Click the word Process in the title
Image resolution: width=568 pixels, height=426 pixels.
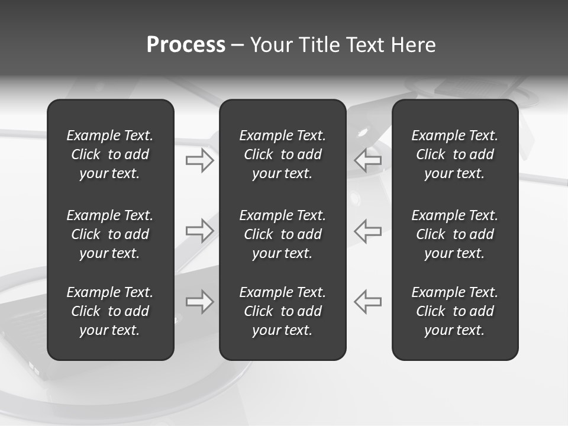(x=186, y=45)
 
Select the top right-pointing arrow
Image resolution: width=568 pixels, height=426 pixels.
(x=200, y=160)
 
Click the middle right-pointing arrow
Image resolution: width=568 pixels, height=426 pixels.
(x=200, y=231)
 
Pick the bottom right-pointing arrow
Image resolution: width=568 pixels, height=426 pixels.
(x=200, y=302)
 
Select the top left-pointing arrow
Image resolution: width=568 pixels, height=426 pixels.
(x=368, y=160)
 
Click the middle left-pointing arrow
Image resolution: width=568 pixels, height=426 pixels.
(x=368, y=231)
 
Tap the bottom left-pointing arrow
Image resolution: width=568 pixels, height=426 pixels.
(x=368, y=302)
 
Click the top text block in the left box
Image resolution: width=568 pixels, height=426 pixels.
(x=110, y=154)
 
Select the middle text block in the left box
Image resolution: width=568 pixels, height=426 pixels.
(x=110, y=234)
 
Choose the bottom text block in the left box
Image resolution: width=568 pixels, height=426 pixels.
(x=110, y=311)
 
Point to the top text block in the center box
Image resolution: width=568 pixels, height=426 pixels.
(x=282, y=154)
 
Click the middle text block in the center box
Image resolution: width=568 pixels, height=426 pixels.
(x=282, y=234)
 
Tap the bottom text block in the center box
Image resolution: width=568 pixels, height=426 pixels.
(x=282, y=311)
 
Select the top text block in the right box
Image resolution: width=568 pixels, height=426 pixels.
(x=455, y=154)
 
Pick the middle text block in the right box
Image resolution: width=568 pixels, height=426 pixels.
(x=455, y=234)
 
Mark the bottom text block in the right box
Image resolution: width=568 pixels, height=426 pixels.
(x=455, y=311)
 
